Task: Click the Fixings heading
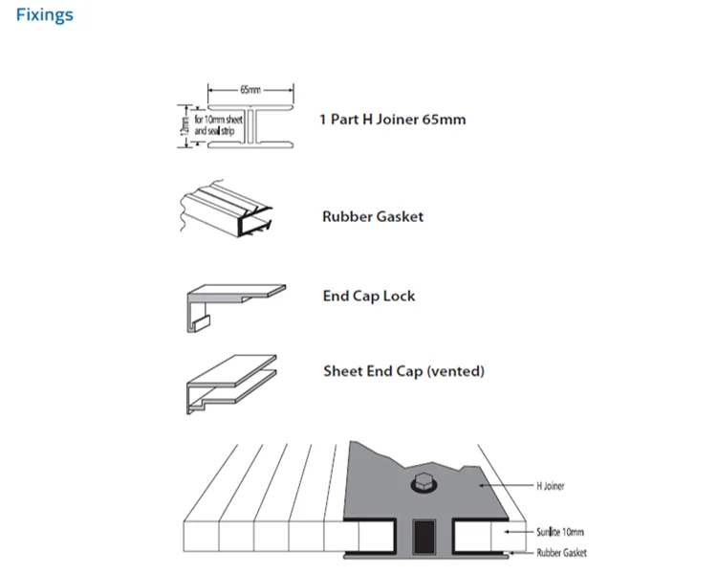tap(44, 15)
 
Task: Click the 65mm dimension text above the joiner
tap(250, 90)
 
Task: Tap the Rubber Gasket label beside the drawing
tap(372, 216)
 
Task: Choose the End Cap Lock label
tap(368, 296)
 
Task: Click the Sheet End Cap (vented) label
tap(402, 370)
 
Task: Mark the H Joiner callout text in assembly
tap(550, 486)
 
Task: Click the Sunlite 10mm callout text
tap(560, 531)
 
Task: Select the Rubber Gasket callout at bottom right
tap(561, 553)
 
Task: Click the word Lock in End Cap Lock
tap(399, 296)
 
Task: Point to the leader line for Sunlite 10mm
tap(515, 531)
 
